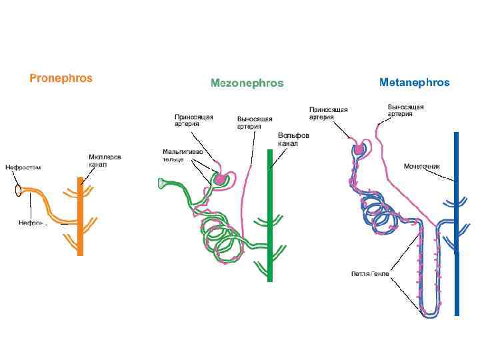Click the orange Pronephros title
(61, 78)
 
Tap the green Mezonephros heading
(247, 83)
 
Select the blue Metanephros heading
(414, 83)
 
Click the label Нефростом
(23, 167)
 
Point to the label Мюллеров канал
(105, 161)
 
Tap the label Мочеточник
(422, 165)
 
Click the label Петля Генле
(370, 274)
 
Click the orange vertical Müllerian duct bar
(80, 217)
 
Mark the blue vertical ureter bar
(457, 223)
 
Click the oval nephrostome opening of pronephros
(18, 191)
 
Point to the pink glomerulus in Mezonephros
(219, 179)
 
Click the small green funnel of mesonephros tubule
(161, 183)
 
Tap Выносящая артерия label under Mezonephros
(255, 123)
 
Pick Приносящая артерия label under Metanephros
(329, 113)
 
